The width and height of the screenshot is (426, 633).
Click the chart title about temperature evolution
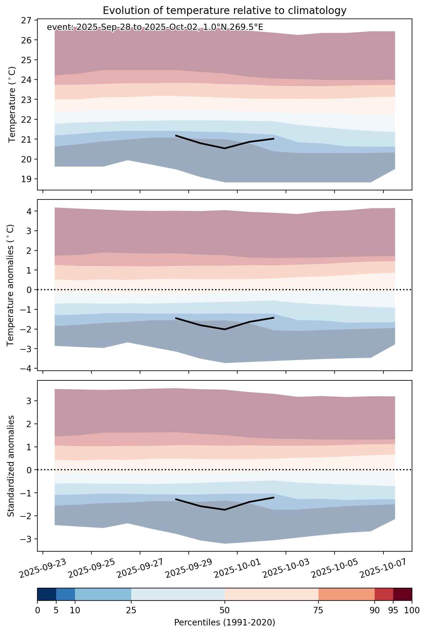[x=225, y=11]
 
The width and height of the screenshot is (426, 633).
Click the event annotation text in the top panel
[x=155, y=28]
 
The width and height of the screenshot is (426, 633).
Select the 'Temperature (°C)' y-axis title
[x=12, y=104]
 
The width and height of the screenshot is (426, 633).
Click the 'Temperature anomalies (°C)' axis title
[x=11, y=285]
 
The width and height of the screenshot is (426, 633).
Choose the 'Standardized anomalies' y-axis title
[x=11, y=466]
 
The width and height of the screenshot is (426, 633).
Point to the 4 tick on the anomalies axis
[x=29, y=211]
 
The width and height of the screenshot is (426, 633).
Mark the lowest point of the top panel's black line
[x=225, y=148]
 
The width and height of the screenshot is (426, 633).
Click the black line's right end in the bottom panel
[x=274, y=497]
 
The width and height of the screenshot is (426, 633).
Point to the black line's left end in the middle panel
[x=176, y=318]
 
